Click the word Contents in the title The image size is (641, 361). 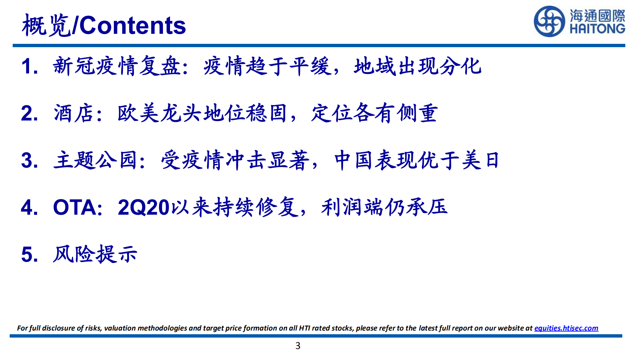133,25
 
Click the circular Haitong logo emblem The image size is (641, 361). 549,21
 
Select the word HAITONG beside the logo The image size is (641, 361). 597,29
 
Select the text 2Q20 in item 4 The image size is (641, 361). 144,207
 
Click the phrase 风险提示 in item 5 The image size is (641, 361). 95,254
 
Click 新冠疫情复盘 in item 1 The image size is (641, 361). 117,66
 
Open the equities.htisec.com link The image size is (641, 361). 566,328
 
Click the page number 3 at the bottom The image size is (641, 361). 298,346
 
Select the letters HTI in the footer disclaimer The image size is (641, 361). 304,328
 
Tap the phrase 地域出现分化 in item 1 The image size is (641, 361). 418,66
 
